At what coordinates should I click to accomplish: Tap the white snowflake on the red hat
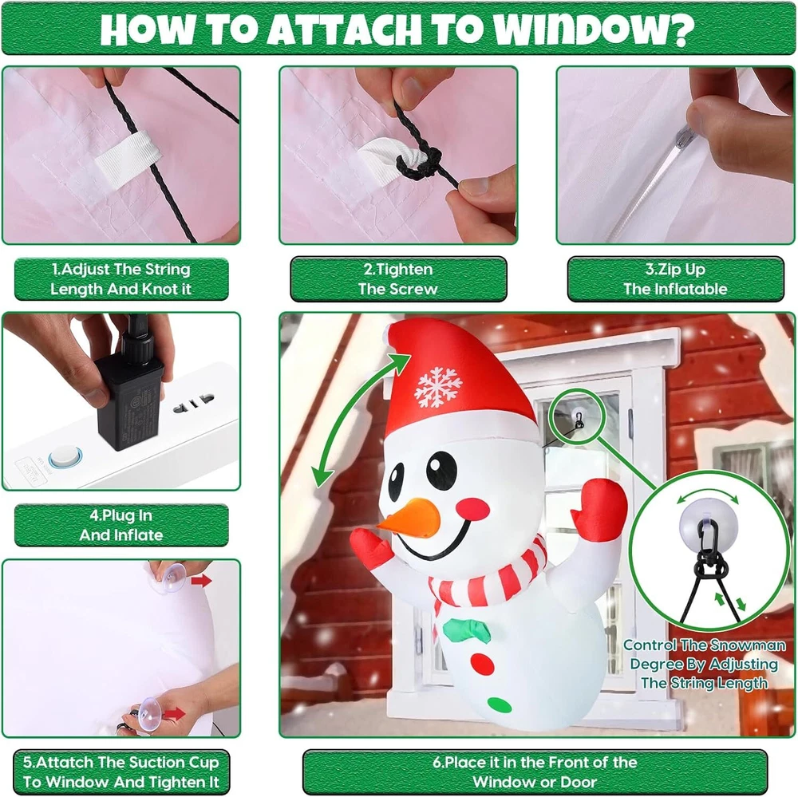click(x=438, y=387)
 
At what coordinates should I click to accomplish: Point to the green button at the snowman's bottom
click(x=500, y=705)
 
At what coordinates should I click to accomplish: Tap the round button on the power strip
click(x=65, y=456)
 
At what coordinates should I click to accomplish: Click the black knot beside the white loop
click(x=420, y=162)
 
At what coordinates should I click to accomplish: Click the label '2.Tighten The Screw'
click(x=398, y=279)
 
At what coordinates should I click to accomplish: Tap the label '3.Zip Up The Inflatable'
click(x=675, y=279)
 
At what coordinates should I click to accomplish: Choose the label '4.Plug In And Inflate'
click(x=121, y=525)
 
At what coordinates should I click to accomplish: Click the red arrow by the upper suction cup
click(x=202, y=580)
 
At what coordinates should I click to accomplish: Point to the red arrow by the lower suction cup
click(x=175, y=713)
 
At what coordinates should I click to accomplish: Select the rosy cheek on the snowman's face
click(x=473, y=508)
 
